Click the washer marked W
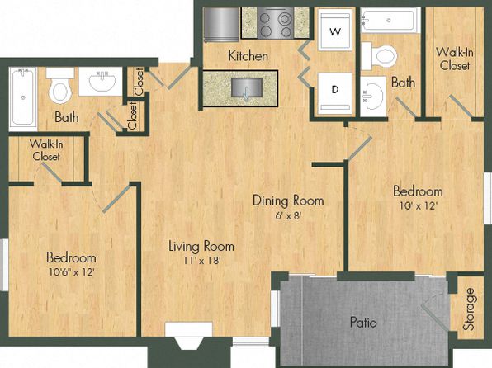coord(335,30)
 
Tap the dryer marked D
coord(335,93)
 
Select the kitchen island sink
coord(246,88)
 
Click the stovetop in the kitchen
coord(276,22)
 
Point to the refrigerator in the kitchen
coord(221,25)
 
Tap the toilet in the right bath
coord(379,56)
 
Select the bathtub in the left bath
coord(23,99)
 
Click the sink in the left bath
coord(101,81)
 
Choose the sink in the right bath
coord(373,97)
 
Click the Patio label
coord(363,322)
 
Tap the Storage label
coord(470,309)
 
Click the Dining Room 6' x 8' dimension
coord(288,215)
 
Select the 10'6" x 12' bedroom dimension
coord(72,271)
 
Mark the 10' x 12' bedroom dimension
coord(419,205)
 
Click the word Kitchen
coord(248,56)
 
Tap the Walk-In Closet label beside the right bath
coord(454,59)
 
